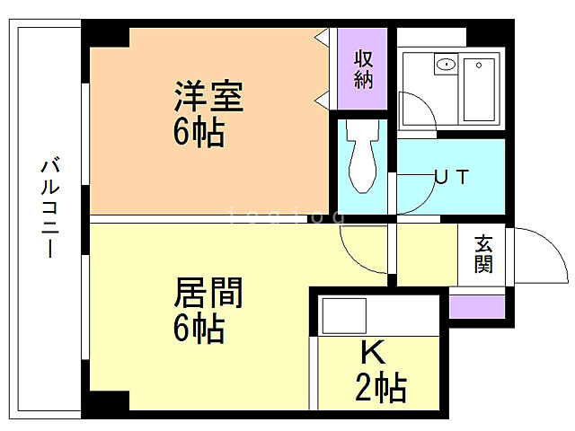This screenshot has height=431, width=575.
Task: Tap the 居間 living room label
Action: pos(208,292)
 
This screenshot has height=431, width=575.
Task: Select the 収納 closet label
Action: pos(363,69)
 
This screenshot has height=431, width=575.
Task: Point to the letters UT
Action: pos(450,177)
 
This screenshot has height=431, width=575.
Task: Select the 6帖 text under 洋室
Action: pos(199,134)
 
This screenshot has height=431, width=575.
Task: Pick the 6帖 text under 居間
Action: pos(199,330)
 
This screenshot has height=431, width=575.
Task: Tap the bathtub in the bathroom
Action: pos(482,89)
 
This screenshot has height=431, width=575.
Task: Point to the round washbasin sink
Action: pos(444,66)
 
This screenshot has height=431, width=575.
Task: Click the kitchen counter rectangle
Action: pos(344,315)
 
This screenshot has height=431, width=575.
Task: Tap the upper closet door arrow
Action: pos(321,37)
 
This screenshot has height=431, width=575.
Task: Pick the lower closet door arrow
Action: pos(321,100)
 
